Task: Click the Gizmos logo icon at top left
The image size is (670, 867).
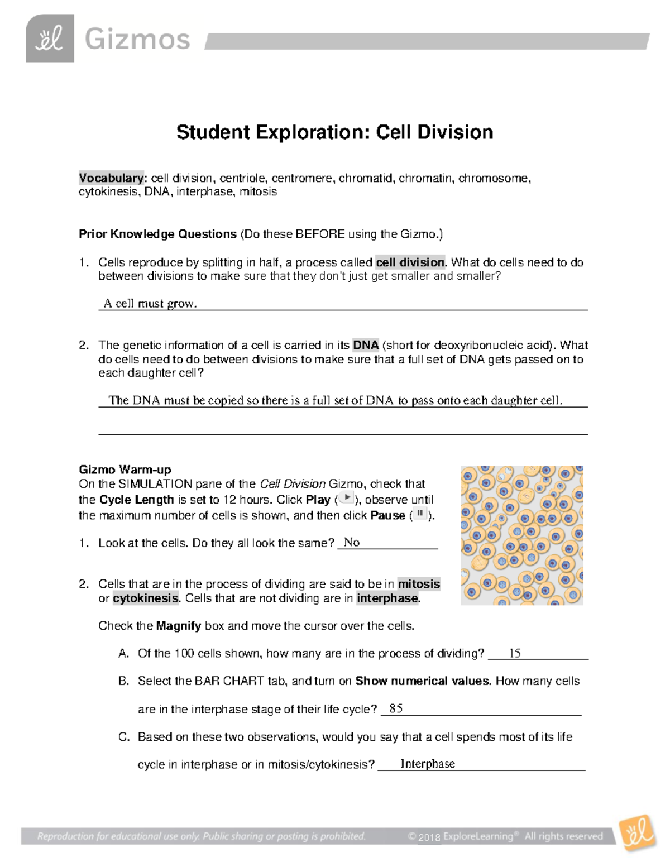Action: click(50, 39)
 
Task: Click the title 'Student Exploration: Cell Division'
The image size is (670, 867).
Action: click(334, 132)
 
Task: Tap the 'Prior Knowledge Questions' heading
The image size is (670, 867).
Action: click(158, 234)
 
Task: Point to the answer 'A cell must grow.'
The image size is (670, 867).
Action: click(150, 304)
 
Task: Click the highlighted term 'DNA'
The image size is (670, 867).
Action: click(366, 345)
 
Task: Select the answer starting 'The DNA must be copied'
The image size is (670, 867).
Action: click(336, 400)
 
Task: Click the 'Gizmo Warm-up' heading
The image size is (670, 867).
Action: click(125, 469)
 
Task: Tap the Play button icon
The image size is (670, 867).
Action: click(347, 498)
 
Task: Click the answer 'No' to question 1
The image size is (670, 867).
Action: click(352, 542)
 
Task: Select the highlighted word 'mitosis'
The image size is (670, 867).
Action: click(419, 584)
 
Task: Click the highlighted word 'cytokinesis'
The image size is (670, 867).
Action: click(146, 598)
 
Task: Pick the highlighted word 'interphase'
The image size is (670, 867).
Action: click(387, 598)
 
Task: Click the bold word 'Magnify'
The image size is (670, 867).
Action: click(178, 626)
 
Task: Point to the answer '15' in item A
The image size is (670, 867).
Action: click(515, 653)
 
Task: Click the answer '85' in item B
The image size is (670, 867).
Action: click(396, 708)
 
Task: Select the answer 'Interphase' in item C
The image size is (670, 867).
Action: click(428, 764)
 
